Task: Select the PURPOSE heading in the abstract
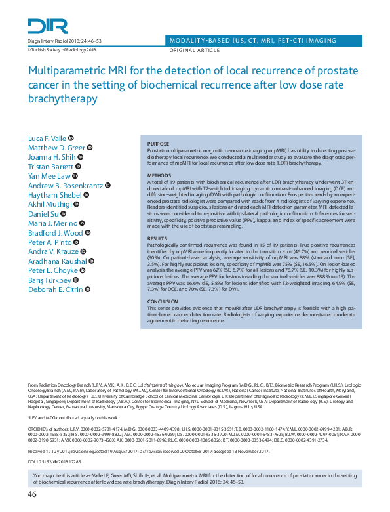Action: point(158,144)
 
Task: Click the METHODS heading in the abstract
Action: point(159,176)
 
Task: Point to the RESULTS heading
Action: point(157,238)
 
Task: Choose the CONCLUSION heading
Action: point(163,301)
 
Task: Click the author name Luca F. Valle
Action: point(47,138)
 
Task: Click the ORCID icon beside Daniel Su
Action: point(64,213)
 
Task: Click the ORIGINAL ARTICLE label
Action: point(195,50)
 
